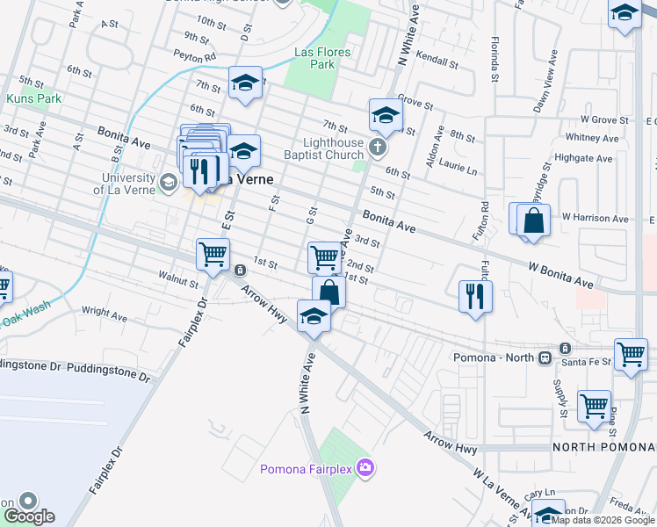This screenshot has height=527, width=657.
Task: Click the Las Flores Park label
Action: [322, 58]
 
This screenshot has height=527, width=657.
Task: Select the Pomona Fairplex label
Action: [305, 469]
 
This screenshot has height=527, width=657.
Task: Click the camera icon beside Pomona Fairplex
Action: [365, 468]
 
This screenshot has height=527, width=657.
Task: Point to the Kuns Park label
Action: [33, 98]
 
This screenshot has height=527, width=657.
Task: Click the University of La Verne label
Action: [128, 184]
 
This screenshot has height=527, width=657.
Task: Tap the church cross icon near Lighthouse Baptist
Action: [378, 146]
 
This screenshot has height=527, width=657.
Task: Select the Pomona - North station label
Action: [494, 357]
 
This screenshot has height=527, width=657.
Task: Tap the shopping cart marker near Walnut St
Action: [213, 255]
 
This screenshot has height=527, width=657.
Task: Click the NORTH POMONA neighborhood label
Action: [604, 447]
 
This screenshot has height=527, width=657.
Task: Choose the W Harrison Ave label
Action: [596, 218]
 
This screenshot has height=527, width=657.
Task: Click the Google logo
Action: [29, 516]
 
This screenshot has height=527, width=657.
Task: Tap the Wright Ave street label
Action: [105, 313]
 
